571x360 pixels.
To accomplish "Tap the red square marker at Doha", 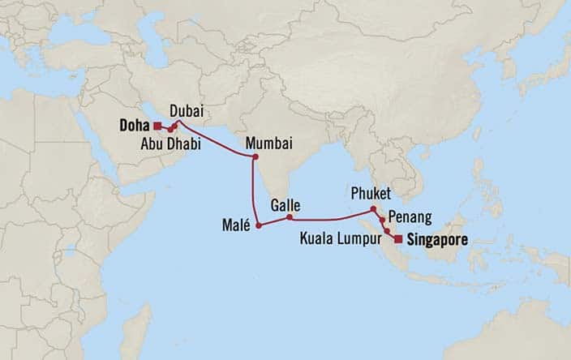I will point(156,126).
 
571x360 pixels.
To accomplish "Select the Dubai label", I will point(186,111).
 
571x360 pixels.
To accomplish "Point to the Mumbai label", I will point(268,141).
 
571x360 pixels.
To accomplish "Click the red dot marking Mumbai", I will point(255,156).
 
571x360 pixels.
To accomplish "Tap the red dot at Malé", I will point(259,225).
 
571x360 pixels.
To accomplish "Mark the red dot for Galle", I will point(290,217).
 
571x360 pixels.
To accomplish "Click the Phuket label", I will point(372,195).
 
